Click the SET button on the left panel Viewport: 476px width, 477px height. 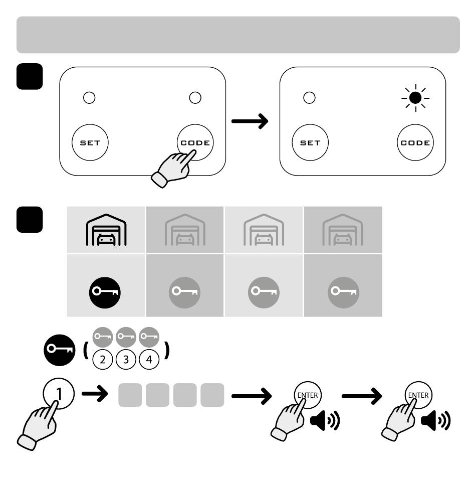(90, 142)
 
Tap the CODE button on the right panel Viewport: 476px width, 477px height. (415, 142)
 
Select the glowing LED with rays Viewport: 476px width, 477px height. (415, 98)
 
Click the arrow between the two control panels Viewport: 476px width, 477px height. (250, 121)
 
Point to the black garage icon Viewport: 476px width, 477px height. (106, 230)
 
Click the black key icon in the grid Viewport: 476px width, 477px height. (105, 292)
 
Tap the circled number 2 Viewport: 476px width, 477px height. (102, 359)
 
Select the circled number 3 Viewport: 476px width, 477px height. (126, 359)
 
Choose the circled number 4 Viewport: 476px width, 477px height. (149, 359)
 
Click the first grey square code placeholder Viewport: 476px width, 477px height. (130, 395)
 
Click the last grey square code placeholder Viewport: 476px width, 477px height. (212, 395)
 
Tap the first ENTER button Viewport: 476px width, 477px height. (308, 395)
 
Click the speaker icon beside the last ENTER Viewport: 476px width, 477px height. (435, 420)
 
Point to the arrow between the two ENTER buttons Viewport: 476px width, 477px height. (362, 396)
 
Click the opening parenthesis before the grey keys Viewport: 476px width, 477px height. (86, 350)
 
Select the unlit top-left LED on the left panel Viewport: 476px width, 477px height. (89, 98)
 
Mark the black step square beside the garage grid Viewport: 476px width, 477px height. (30, 220)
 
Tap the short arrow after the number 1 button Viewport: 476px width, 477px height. (95, 394)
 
